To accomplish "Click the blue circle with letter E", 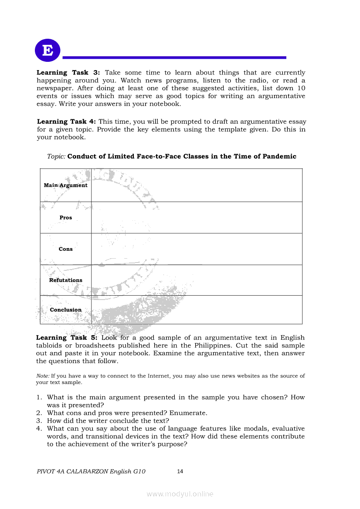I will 48,51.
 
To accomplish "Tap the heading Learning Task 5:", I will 67,337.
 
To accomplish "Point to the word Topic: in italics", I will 56,156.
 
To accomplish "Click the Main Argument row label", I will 65,185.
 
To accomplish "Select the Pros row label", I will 66,218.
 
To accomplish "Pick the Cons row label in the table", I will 66,249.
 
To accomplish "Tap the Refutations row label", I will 65,280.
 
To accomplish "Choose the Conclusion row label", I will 65,310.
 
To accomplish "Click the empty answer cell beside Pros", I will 197,218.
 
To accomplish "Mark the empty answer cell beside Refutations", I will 197,280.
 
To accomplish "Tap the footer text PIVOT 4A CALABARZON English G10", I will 91,472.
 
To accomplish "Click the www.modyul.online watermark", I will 180,494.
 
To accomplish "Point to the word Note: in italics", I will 43,376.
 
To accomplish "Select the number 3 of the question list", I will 38,421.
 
